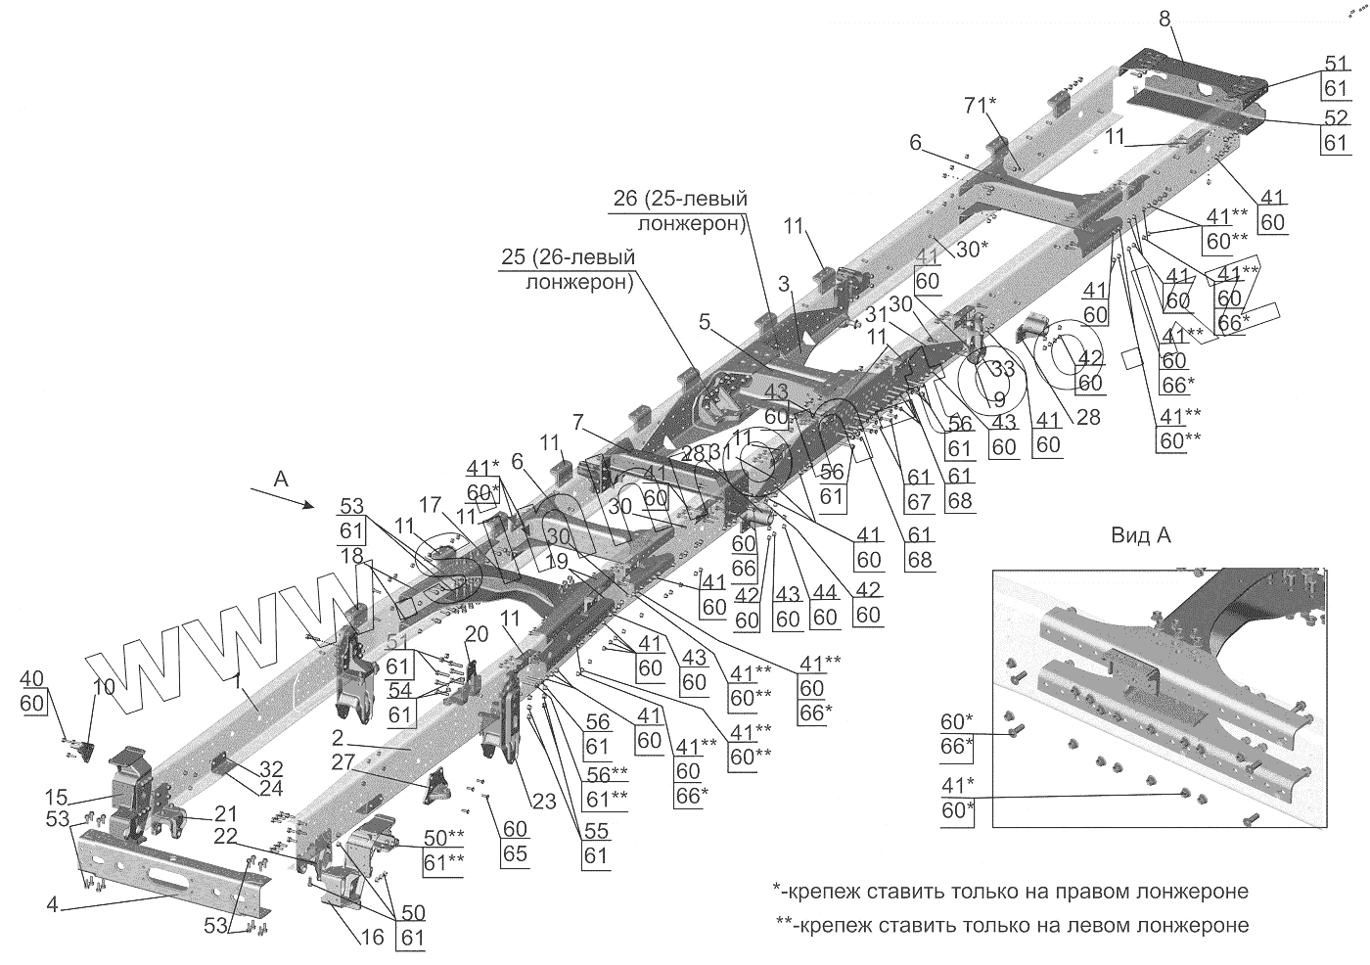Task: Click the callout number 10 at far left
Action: (104, 688)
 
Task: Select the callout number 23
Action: (544, 801)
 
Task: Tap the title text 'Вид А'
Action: (1141, 535)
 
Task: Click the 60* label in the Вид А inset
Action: (957, 721)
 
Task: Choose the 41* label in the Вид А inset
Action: (956, 785)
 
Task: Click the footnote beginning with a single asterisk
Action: (1010, 892)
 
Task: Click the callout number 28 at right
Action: (1087, 418)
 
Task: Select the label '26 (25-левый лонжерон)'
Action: (679, 211)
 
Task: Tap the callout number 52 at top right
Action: (1336, 117)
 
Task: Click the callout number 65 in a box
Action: (515, 852)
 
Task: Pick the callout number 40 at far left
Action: (31, 678)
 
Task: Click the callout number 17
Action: (432, 505)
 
